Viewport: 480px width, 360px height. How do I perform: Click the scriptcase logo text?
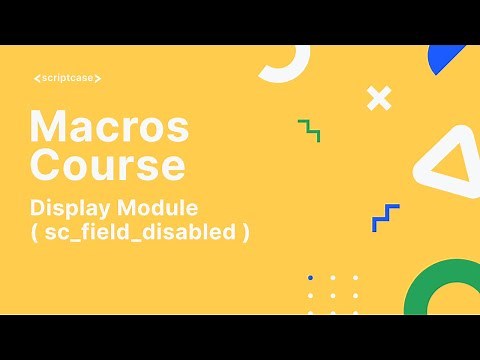[x=67, y=78]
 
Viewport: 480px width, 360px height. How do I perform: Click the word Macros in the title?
[x=108, y=128]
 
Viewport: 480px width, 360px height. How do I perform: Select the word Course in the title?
[x=106, y=162]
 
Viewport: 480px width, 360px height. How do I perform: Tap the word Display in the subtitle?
[x=73, y=208]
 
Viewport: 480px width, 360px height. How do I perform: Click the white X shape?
[x=378, y=98]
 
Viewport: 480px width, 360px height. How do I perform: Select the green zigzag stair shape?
[x=309, y=130]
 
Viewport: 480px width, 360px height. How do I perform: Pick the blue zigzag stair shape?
[x=385, y=217]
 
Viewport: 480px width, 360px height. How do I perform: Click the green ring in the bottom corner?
[x=440, y=290]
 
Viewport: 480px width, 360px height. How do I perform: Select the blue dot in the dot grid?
[x=310, y=277]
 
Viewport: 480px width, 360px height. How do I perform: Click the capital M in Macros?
[x=47, y=128]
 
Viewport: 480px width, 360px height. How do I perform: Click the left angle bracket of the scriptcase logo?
[x=35, y=78]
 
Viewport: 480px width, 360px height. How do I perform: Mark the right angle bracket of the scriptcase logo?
[x=99, y=78]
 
